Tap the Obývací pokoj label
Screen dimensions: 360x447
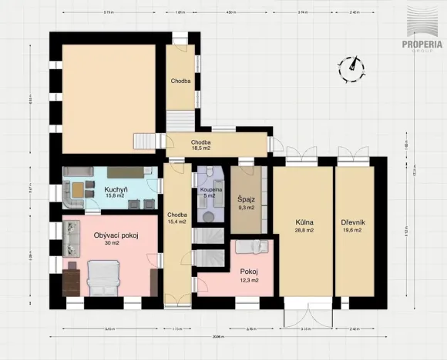coord(116,235)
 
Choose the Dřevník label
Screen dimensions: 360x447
coord(353,222)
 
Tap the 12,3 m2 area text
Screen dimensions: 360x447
coord(248,280)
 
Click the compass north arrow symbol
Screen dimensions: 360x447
coord(354,67)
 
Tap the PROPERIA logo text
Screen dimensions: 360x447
coord(423,43)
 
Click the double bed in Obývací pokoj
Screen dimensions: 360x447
coord(103,278)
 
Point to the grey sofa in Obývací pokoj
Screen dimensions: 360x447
coord(71,238)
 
